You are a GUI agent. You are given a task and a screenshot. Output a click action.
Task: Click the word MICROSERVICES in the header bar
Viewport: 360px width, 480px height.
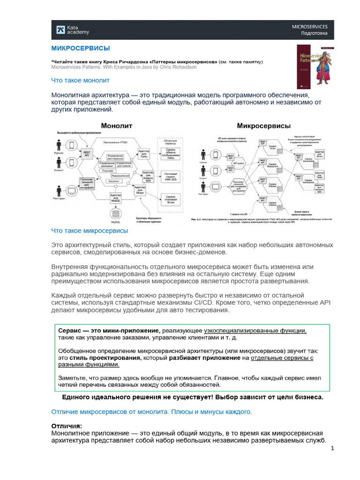[x=310, y=26]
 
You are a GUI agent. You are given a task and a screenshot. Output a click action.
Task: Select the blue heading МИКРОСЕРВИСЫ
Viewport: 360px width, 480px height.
[x=80, y=48]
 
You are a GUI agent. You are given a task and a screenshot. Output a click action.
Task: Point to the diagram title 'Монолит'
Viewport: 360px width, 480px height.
[x=117, y=126]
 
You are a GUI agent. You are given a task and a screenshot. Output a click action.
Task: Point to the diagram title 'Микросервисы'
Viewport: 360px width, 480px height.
[x=263, y=126]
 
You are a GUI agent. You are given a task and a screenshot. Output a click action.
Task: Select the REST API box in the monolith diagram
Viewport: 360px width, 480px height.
[x=87, y=153]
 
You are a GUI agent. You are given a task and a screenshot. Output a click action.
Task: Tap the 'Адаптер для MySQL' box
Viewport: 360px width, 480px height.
[x=115, y=197]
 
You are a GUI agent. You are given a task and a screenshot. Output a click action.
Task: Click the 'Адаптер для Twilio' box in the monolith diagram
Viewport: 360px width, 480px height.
[x=143, y=153]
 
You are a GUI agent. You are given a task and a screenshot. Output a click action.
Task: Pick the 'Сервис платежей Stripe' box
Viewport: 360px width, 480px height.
[x=171, y=199]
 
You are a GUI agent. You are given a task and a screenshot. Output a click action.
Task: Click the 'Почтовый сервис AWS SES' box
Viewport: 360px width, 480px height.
[x=171, y=177]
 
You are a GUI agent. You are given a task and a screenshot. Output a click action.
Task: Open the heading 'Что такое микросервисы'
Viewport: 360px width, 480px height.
[x=89, y=231]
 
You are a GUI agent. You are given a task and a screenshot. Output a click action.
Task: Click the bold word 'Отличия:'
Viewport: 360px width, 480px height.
[x=66, y=426]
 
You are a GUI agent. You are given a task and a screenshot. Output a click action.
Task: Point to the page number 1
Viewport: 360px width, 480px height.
[x=332, y=449]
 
